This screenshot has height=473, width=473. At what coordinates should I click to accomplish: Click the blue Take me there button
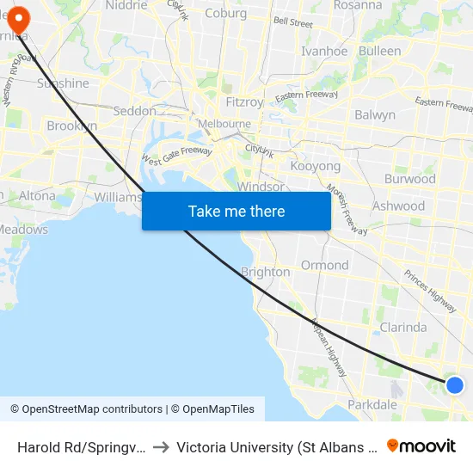click(x=236, y=211)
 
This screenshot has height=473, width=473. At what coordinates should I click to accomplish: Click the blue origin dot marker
click(x=455, y=385)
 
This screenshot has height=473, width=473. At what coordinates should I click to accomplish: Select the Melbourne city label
click(x=224, y=124)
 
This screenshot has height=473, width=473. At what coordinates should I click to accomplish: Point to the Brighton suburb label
click(x=265, y=272)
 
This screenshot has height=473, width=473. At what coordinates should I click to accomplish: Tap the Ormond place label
click(x=324, y=265)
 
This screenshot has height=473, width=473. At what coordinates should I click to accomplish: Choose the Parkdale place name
click(x=372, y=404)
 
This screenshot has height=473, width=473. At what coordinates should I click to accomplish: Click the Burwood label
click(x=410, y=179)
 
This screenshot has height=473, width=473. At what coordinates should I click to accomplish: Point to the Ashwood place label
click(x=398, y=206)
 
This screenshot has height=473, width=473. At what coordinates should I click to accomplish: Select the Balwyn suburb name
click(x=375, y=114)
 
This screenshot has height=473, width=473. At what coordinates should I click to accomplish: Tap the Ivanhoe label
click(x=324, y=51)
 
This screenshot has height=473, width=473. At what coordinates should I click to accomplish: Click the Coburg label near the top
click(x=226, y=13)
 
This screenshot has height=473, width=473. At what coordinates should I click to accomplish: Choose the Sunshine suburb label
click(x=63, y=83)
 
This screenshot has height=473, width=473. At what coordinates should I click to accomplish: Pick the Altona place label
click(x=37, y=195)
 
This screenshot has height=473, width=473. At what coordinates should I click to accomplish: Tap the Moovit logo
click(x=421, y=445)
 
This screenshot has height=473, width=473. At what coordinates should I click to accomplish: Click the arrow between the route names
click(x=161, y=446)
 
